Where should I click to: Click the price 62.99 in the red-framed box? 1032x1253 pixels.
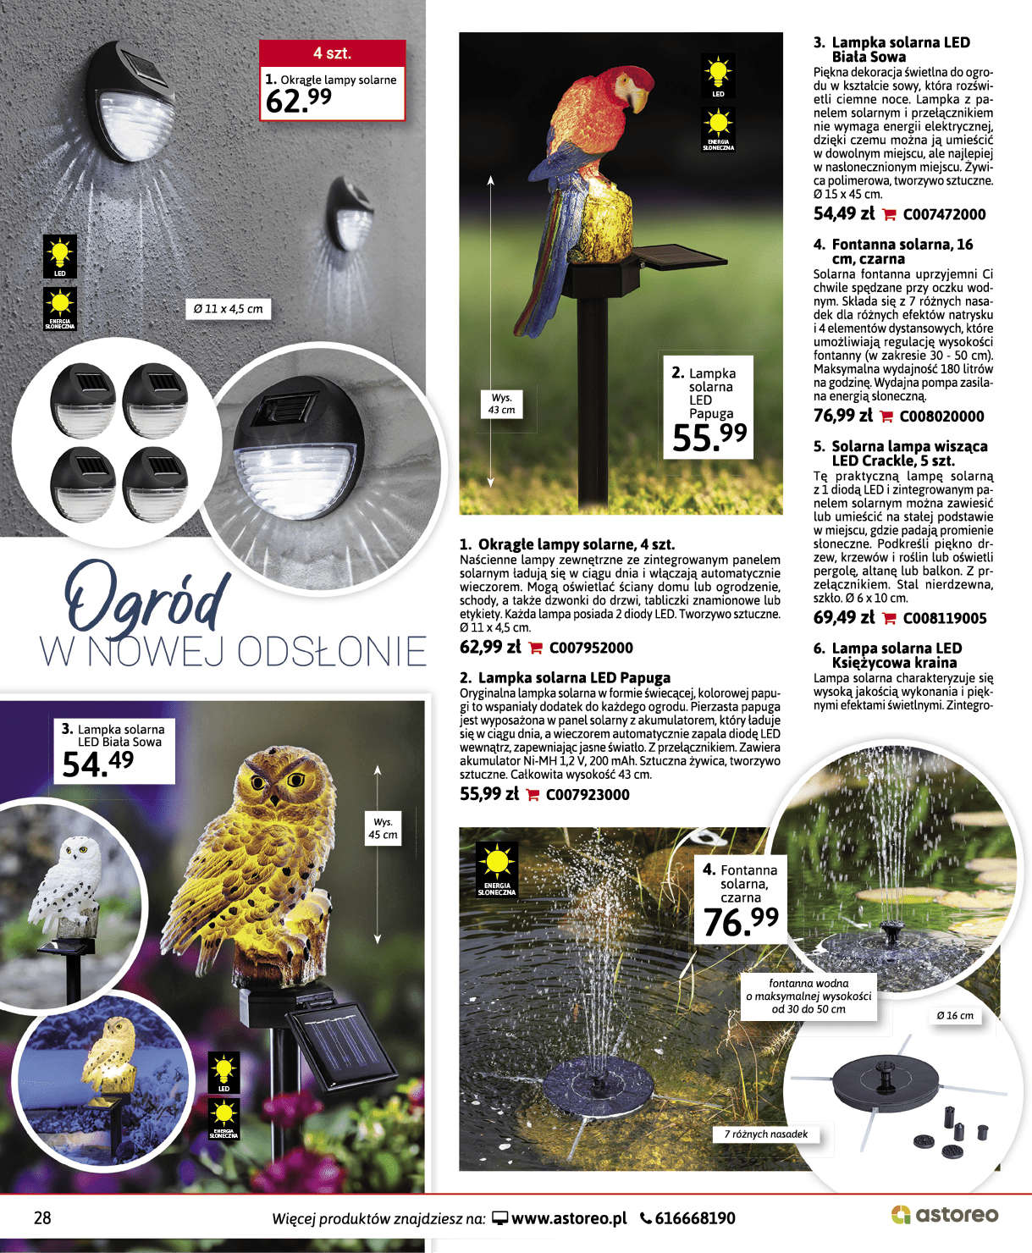point(299,101)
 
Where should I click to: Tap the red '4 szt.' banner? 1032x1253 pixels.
point(332,53)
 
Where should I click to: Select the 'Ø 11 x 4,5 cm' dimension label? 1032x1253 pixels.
point(228,309)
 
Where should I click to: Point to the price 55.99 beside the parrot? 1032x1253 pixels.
point(709,437)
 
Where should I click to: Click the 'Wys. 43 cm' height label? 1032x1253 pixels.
point(501,404)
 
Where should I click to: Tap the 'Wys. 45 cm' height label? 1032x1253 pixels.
point(383,828)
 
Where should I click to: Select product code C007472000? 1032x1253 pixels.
point(944,215)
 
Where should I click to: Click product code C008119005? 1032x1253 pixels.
point(945,619)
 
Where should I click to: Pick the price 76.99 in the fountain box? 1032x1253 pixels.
point(741,922)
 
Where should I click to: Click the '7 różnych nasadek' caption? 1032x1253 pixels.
point(766,1134)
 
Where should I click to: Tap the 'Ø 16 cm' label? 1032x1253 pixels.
point(955,1016)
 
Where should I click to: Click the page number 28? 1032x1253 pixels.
point(42,1218)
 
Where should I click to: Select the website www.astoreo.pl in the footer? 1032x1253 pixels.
point(569,1219)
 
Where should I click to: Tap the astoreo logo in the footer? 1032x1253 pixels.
point(945,1215)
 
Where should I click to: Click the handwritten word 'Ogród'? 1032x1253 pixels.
point(148,596)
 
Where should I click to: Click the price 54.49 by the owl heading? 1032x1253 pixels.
point(97,764)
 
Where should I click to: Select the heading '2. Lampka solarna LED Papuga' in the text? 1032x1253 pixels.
point(565,678)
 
